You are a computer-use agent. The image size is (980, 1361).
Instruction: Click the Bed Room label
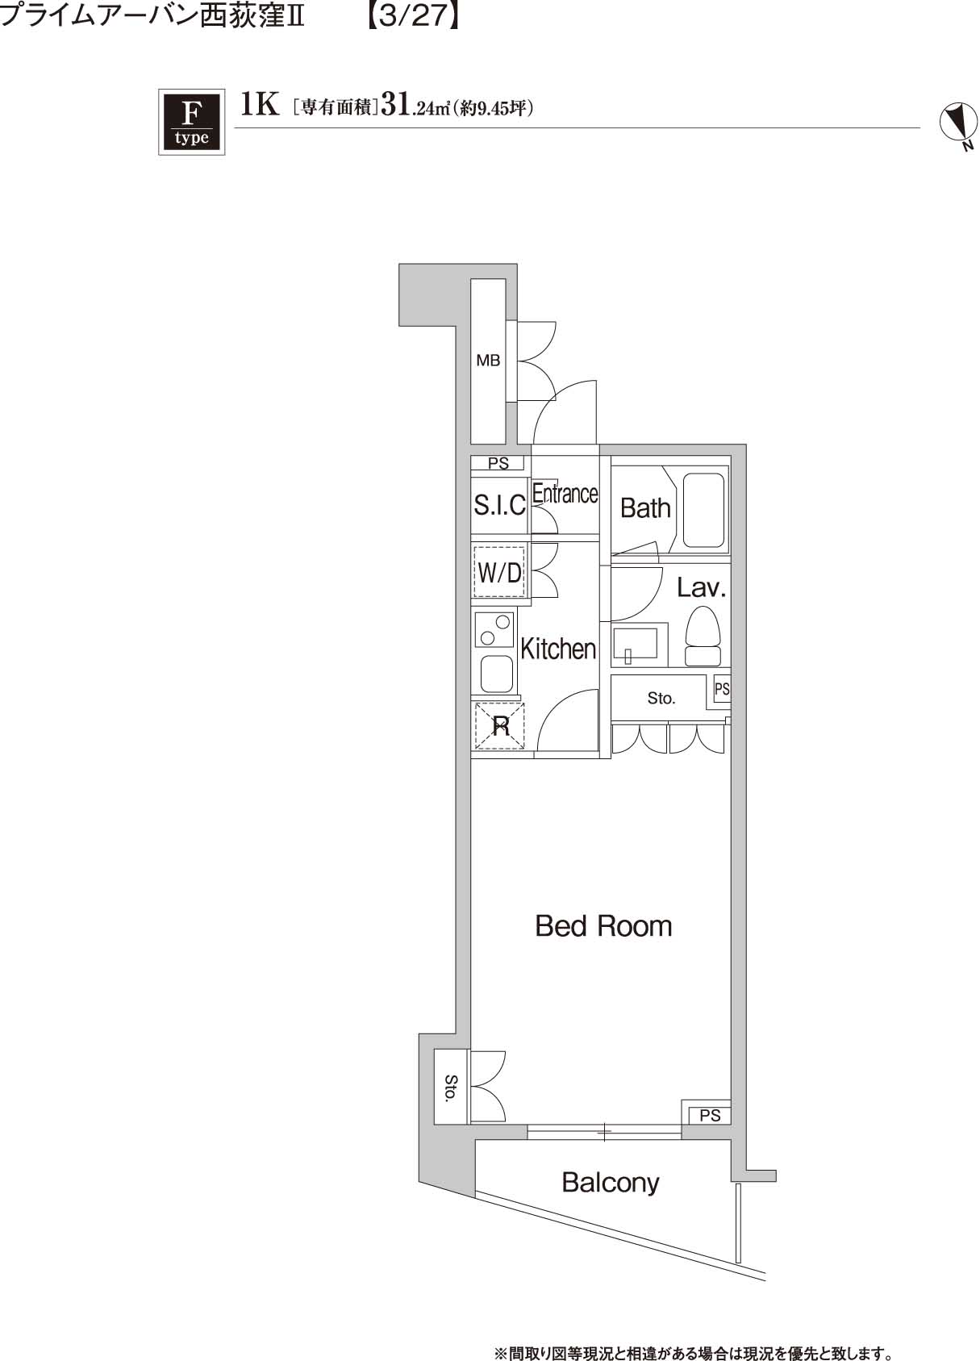603,925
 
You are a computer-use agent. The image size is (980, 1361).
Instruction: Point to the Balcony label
610,1183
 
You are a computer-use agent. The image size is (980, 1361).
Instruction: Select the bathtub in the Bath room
704,510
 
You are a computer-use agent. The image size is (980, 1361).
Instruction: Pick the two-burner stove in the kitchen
494,630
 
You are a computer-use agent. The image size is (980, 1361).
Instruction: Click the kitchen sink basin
496,673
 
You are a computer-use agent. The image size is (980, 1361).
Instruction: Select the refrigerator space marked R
500,725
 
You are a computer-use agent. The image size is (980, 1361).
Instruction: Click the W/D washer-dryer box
500,572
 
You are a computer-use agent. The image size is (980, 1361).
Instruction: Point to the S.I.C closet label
499,505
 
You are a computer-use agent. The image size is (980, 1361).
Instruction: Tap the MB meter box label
488,361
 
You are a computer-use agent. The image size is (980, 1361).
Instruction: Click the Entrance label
565,493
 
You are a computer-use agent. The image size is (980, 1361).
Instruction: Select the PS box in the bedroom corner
709,1116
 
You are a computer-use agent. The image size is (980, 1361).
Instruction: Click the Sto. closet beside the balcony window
451,1086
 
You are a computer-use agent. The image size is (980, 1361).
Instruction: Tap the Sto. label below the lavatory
661,698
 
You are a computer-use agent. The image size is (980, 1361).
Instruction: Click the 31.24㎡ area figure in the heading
413,107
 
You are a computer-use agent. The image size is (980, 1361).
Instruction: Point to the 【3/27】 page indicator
412,16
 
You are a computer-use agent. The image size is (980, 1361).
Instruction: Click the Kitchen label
558,648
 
